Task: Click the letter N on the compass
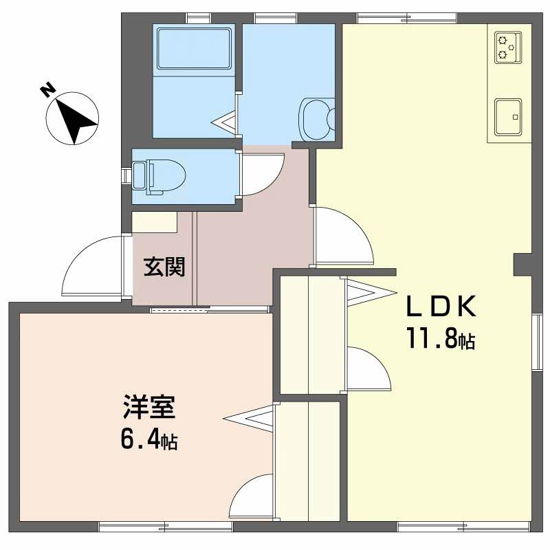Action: click(47, 90)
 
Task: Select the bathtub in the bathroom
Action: click(193, 48)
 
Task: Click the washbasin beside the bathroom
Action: click(316, 118)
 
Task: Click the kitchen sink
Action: click(507, 116)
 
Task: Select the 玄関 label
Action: click(164, 266)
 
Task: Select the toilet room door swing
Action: click(262, 175)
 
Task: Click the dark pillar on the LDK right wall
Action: click(523, 265)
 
